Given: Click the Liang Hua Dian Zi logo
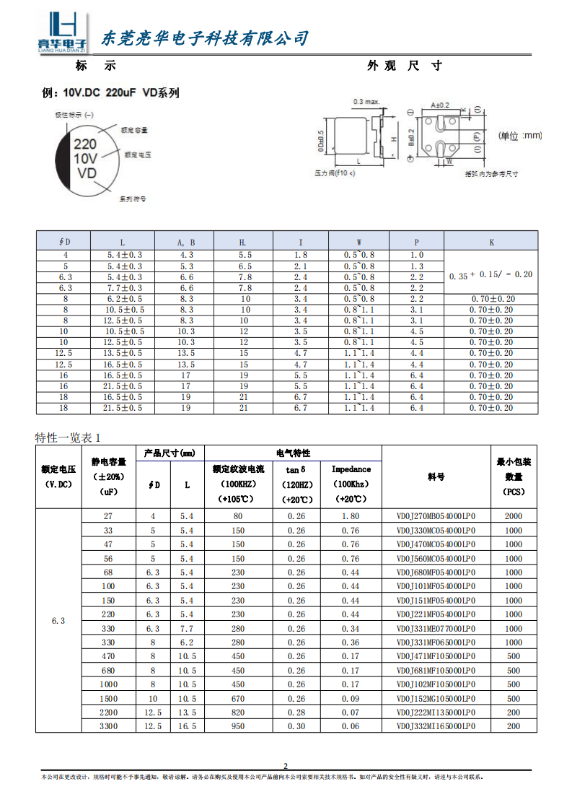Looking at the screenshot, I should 62,33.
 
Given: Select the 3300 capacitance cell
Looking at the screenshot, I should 108,726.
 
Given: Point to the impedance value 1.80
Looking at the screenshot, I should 351,516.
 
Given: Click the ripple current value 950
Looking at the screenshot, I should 238,726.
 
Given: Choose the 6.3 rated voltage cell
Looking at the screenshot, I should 59,621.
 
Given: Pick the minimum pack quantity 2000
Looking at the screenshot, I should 513,516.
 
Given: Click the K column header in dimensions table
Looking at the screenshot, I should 491,242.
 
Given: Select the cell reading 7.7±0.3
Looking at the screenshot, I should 125,287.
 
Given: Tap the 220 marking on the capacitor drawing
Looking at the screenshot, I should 85,144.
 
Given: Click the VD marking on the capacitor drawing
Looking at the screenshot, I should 86,173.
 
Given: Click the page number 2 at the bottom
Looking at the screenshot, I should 285,766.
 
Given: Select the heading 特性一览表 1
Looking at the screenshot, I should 69,437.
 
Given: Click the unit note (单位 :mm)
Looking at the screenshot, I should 520,136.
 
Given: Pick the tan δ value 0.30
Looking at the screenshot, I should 296,726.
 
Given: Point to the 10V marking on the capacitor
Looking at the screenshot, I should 85,158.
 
